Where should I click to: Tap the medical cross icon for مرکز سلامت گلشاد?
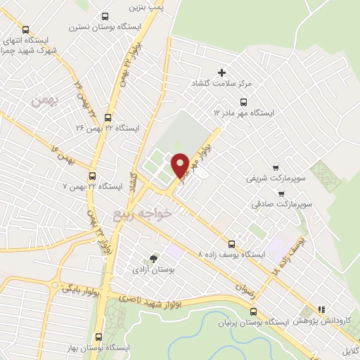coord(222,72)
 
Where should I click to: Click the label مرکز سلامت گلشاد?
coord(243,83)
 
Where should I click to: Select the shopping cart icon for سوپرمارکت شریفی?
coord(276,168)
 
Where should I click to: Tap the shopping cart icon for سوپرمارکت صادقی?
coord(282,193)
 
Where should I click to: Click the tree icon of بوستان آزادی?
coord(153,259)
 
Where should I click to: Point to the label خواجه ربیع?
coord(143,210)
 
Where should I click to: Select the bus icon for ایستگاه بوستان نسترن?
coord(105,17)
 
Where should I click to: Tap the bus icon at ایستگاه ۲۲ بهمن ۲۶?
coord(108,118)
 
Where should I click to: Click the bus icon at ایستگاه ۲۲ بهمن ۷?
coord(93,176)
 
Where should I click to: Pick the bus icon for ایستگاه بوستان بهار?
coord(98,337)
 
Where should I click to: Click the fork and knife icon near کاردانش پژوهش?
coord(321,309)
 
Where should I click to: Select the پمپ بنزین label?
coord(145,6)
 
